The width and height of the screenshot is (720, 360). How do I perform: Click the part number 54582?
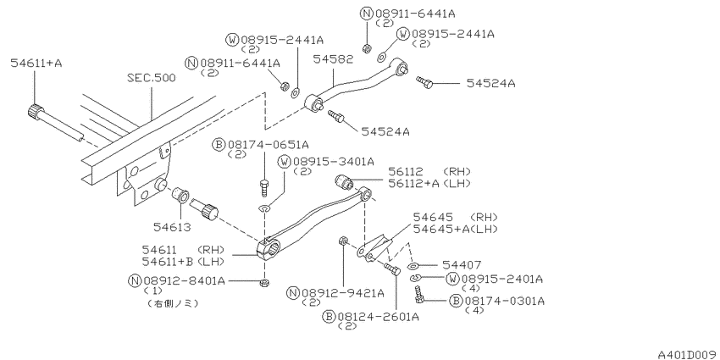pyautogui.click(x=333, y=58)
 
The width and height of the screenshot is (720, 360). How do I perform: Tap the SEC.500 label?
pyautogui.click(x=151, y=78)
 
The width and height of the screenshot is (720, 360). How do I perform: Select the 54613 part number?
pyautogui.click(x=172, y=227)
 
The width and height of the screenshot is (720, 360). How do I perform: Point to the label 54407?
pyautogui.click(x=462, y=265)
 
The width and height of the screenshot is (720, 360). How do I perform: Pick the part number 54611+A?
pyautogui.click(x=36, y=63)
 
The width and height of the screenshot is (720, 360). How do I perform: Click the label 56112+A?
pyautogui.click(x=413, y=183)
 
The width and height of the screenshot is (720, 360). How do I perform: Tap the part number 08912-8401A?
pyautogui.click(x=184, y=280)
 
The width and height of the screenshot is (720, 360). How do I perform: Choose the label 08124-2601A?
pyautogui.click(x=378, y=317)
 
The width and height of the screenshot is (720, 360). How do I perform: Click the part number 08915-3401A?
pyautogui.click(x=334, y=161)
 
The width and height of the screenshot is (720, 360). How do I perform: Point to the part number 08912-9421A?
pyautogui.click(x=342, y=292)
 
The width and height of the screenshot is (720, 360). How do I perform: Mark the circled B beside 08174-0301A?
pyautogui.click(x=456, y=301)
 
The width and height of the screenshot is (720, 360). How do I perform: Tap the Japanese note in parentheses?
pyautogui.click(x=173, y=303)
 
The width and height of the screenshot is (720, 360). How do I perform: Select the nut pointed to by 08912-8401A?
pyautogui.click(x=264, y=282)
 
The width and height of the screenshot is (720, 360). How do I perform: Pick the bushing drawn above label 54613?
pyautogui.click(x=180, y=195)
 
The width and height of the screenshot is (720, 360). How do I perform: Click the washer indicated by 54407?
pyautogui.click(x=413, y=266)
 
